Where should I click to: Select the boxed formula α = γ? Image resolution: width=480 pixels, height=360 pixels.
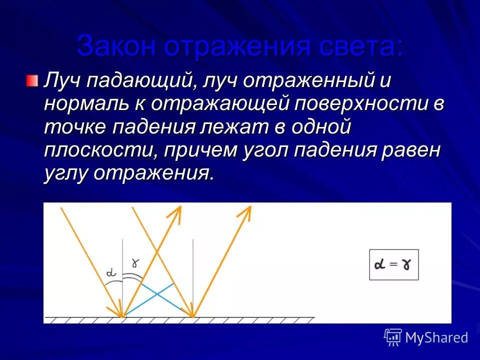click(393, 264)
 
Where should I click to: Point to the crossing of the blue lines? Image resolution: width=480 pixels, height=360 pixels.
click(157, 293)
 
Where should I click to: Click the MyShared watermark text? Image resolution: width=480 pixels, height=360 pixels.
click(436, 337)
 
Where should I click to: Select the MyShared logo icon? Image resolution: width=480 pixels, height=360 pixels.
click(393, 337)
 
